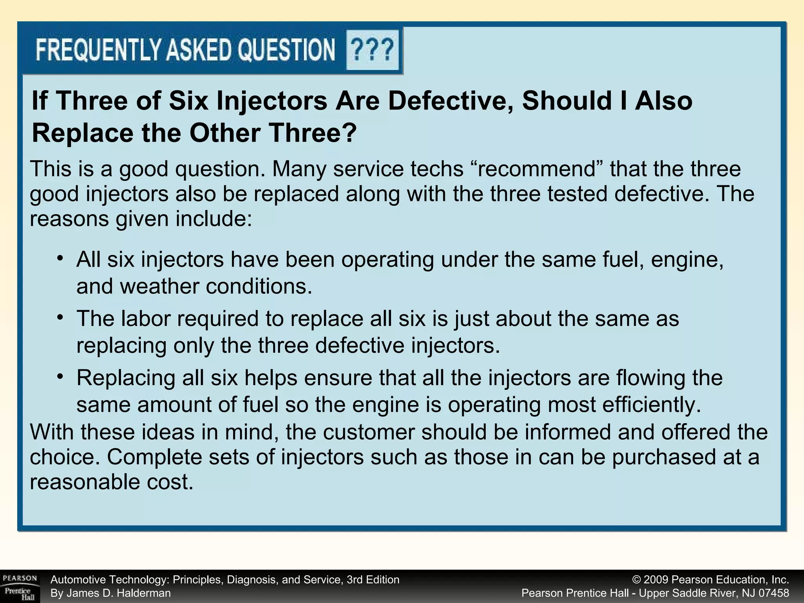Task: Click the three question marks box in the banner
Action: [x=372, y=50]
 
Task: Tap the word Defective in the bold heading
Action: [x=451, y=100]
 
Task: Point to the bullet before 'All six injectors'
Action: [x=60, y=258]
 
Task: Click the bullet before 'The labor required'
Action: [x=60, y=317]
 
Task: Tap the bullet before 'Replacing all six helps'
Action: [x=60, y=376]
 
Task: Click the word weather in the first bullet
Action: [x=161, y=286]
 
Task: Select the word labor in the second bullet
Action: [x=145, y=318]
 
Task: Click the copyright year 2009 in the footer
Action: [x=656, y=580]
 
